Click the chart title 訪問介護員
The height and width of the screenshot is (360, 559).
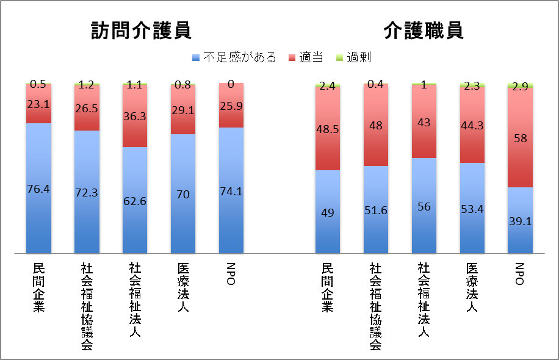click(x=141, y=31)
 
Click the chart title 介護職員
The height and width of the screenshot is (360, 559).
click(x=424, y=31)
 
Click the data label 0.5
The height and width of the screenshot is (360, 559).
click(x=38, y=84)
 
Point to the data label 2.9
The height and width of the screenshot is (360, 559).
click(x=521, y=86)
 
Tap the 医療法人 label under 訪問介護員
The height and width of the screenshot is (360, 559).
click(x=183, y=287)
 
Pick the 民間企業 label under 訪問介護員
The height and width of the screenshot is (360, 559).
click(x=38, y=287)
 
